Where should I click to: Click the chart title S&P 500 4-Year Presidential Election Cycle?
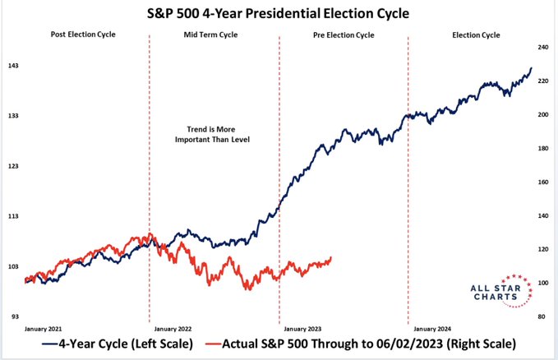tap(278, 13)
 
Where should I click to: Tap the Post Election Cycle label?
tap(83, 35)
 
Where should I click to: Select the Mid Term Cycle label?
tap(210, 35)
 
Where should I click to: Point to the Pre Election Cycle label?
tap(344, 35)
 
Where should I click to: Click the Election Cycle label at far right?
tap(476, 35)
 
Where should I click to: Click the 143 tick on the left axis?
tap(13, 66)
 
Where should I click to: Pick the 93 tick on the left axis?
tap(15, 316)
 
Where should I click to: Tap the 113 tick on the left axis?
tap(13, 216)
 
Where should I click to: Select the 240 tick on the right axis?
tap(543, 48)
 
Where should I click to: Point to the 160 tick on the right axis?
tap(543, 182)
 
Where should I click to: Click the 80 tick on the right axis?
tap(542, 316)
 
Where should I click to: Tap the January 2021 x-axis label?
tap(43, 329)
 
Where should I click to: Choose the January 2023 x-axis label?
tap(302, 329)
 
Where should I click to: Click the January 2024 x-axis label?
tap(432, 329)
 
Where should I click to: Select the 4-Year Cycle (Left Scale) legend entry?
tap(118, 344)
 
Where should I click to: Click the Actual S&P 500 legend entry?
tap(361, 344)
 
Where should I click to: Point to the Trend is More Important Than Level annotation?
tap(212, 134)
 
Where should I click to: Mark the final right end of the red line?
tap(331, 257)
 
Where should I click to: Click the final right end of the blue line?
tap(532, 67)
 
